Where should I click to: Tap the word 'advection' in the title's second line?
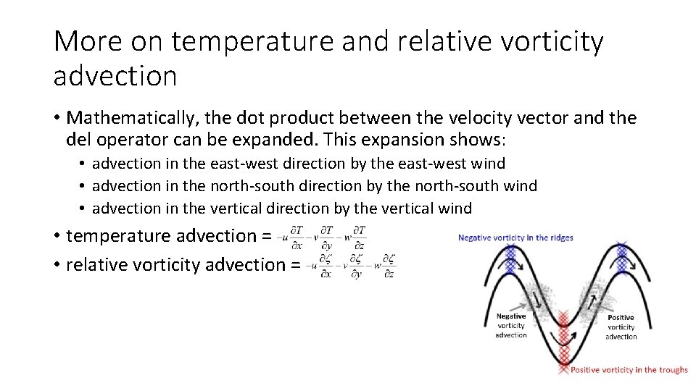115,75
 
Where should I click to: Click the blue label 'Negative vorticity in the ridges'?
515,237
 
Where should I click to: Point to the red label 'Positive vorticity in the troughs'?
629,370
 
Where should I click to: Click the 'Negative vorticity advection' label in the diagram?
511,326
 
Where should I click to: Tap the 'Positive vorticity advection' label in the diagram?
621,327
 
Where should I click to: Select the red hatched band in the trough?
564,340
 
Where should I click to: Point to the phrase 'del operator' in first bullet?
111,139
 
